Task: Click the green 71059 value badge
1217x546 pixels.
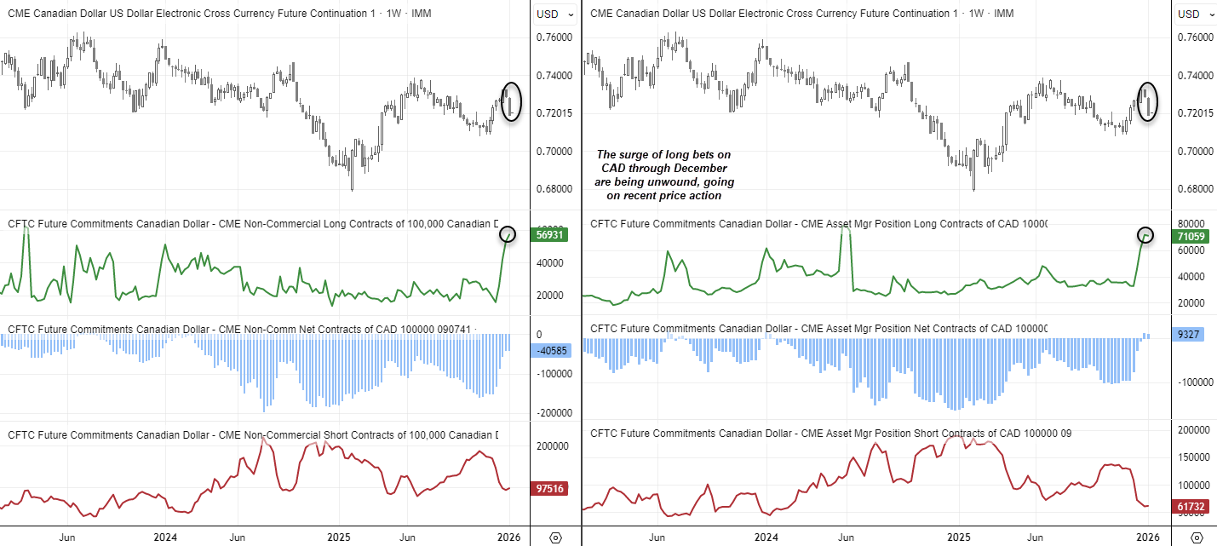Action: tap(1191, 236)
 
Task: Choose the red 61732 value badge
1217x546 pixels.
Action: tap(1191, 507)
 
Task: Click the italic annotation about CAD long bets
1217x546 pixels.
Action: tap(664, 175)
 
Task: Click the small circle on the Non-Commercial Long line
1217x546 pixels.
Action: tap(508, 233)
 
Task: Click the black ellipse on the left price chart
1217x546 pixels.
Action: tap(511, 101)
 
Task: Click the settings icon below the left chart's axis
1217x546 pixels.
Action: tap(555, 537)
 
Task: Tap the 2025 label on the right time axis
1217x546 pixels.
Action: tap(960, 537)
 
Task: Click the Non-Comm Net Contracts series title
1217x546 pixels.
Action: tap(243, 329)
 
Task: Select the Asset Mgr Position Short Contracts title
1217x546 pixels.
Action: tap(830, 434)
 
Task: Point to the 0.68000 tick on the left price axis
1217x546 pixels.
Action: tap(554, 189)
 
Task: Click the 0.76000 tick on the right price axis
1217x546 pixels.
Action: tap(1196, 37)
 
